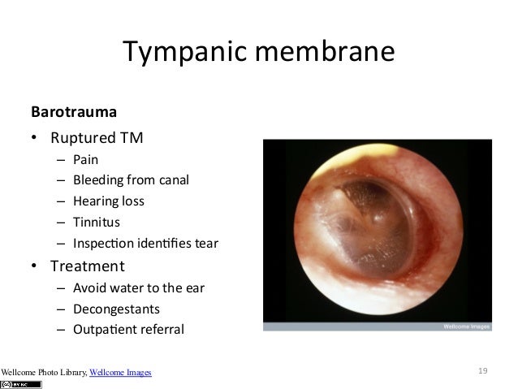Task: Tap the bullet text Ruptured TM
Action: [x=97, y=137]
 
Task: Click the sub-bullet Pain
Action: [x=85, y=159]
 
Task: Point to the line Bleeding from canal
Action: [x=131, y=180]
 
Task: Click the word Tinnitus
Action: [x=94, y=222]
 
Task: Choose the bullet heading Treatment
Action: [x=88, y=266]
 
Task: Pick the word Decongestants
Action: [x=116, y=309]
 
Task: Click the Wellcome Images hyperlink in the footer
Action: [x=120, y=373]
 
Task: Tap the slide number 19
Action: [x=482, y=371]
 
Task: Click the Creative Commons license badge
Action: [x=21, y=384]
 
